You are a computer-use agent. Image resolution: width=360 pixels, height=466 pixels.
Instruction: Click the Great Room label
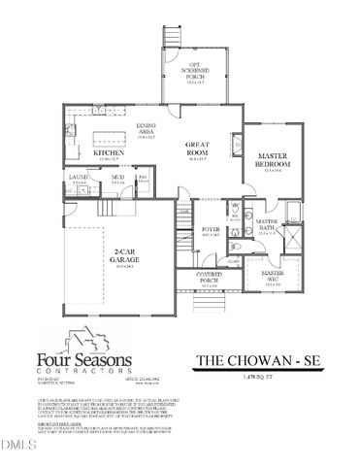click(198, 148)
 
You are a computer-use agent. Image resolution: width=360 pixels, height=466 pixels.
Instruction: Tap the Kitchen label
click(105, 153)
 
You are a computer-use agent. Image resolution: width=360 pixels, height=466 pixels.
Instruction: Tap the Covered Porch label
click(209, 277)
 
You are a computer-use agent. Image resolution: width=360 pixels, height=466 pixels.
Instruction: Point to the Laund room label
click(79, 178)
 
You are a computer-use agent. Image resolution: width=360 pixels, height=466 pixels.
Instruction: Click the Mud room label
click(115, 178)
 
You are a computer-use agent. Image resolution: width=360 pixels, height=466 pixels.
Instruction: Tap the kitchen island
click(109, 130)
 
